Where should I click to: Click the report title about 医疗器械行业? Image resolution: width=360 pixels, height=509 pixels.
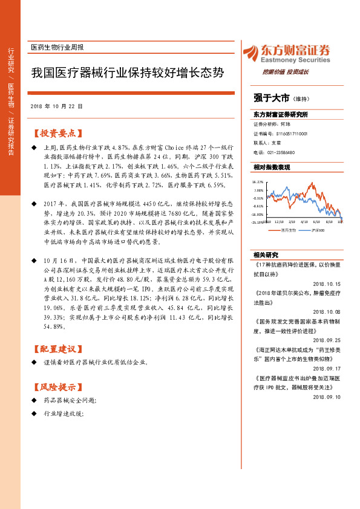[127, 74]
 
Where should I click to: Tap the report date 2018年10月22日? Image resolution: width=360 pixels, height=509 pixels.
[56, 106]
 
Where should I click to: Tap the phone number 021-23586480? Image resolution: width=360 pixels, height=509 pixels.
[279, 152]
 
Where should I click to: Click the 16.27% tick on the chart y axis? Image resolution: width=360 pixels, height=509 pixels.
[258, 181]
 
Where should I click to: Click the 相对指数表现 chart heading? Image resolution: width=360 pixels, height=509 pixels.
[272, 167]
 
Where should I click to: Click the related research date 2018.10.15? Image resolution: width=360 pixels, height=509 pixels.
[327, 283]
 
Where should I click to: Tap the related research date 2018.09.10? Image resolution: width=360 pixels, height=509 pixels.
[327, 397]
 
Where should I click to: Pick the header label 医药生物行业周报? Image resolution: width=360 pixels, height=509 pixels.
[57, 47]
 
